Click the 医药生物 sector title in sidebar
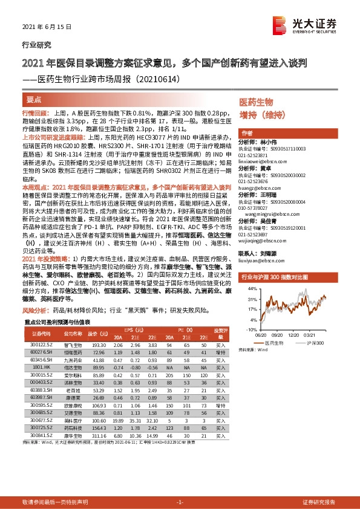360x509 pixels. coord(256,103)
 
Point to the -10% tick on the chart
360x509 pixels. coord(249,330)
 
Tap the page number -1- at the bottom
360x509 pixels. coord(180,503)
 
